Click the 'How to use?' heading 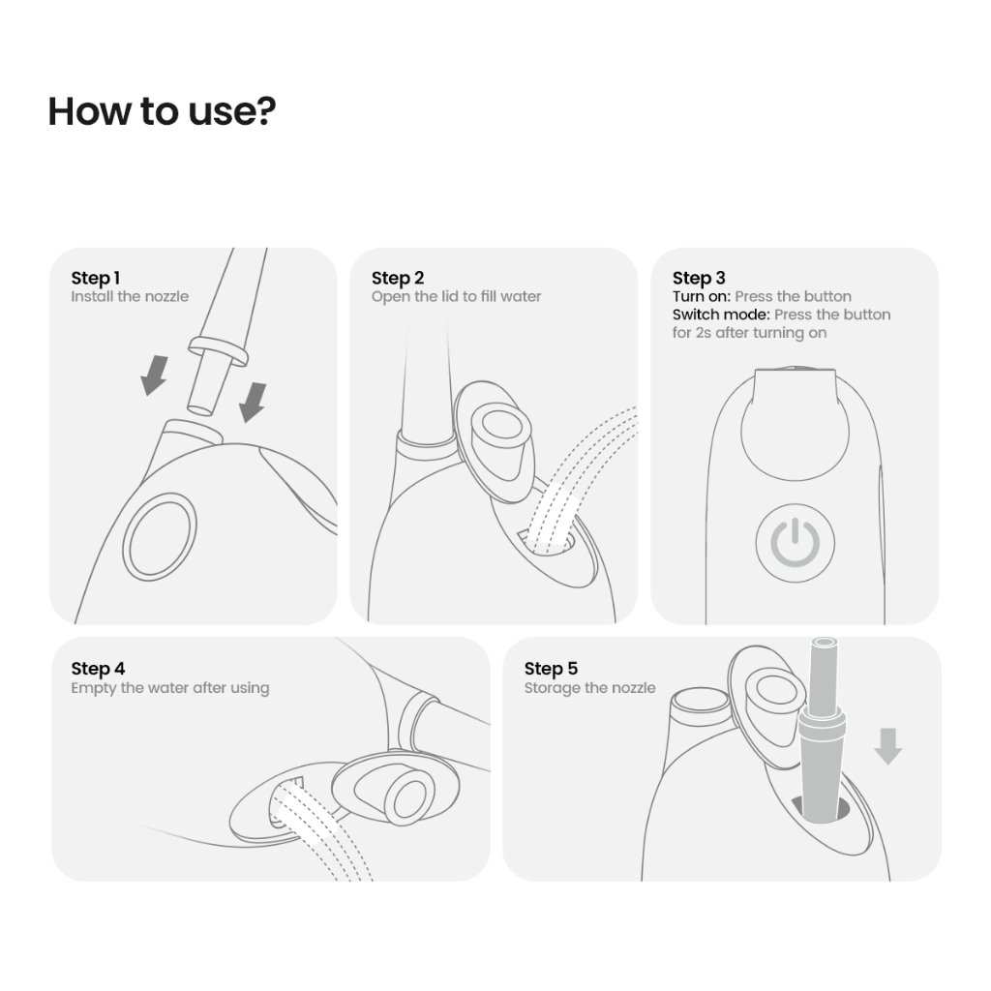(162, 112)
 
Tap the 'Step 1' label (96, 278)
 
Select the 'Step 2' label (398, 278)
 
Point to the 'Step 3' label (699, 278)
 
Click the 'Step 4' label (98, 669)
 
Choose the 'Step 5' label (551, 669)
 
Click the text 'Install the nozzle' (130, 296)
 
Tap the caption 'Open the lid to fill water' (457, 296)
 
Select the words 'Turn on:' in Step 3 (702, 296)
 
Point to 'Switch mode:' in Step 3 (721, 315)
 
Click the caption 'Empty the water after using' (170, 688)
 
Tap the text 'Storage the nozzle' (589, 688)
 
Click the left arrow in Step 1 (154, 375)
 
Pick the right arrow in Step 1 (253, 403)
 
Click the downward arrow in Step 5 (888, 746)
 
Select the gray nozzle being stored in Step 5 (821, 730)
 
